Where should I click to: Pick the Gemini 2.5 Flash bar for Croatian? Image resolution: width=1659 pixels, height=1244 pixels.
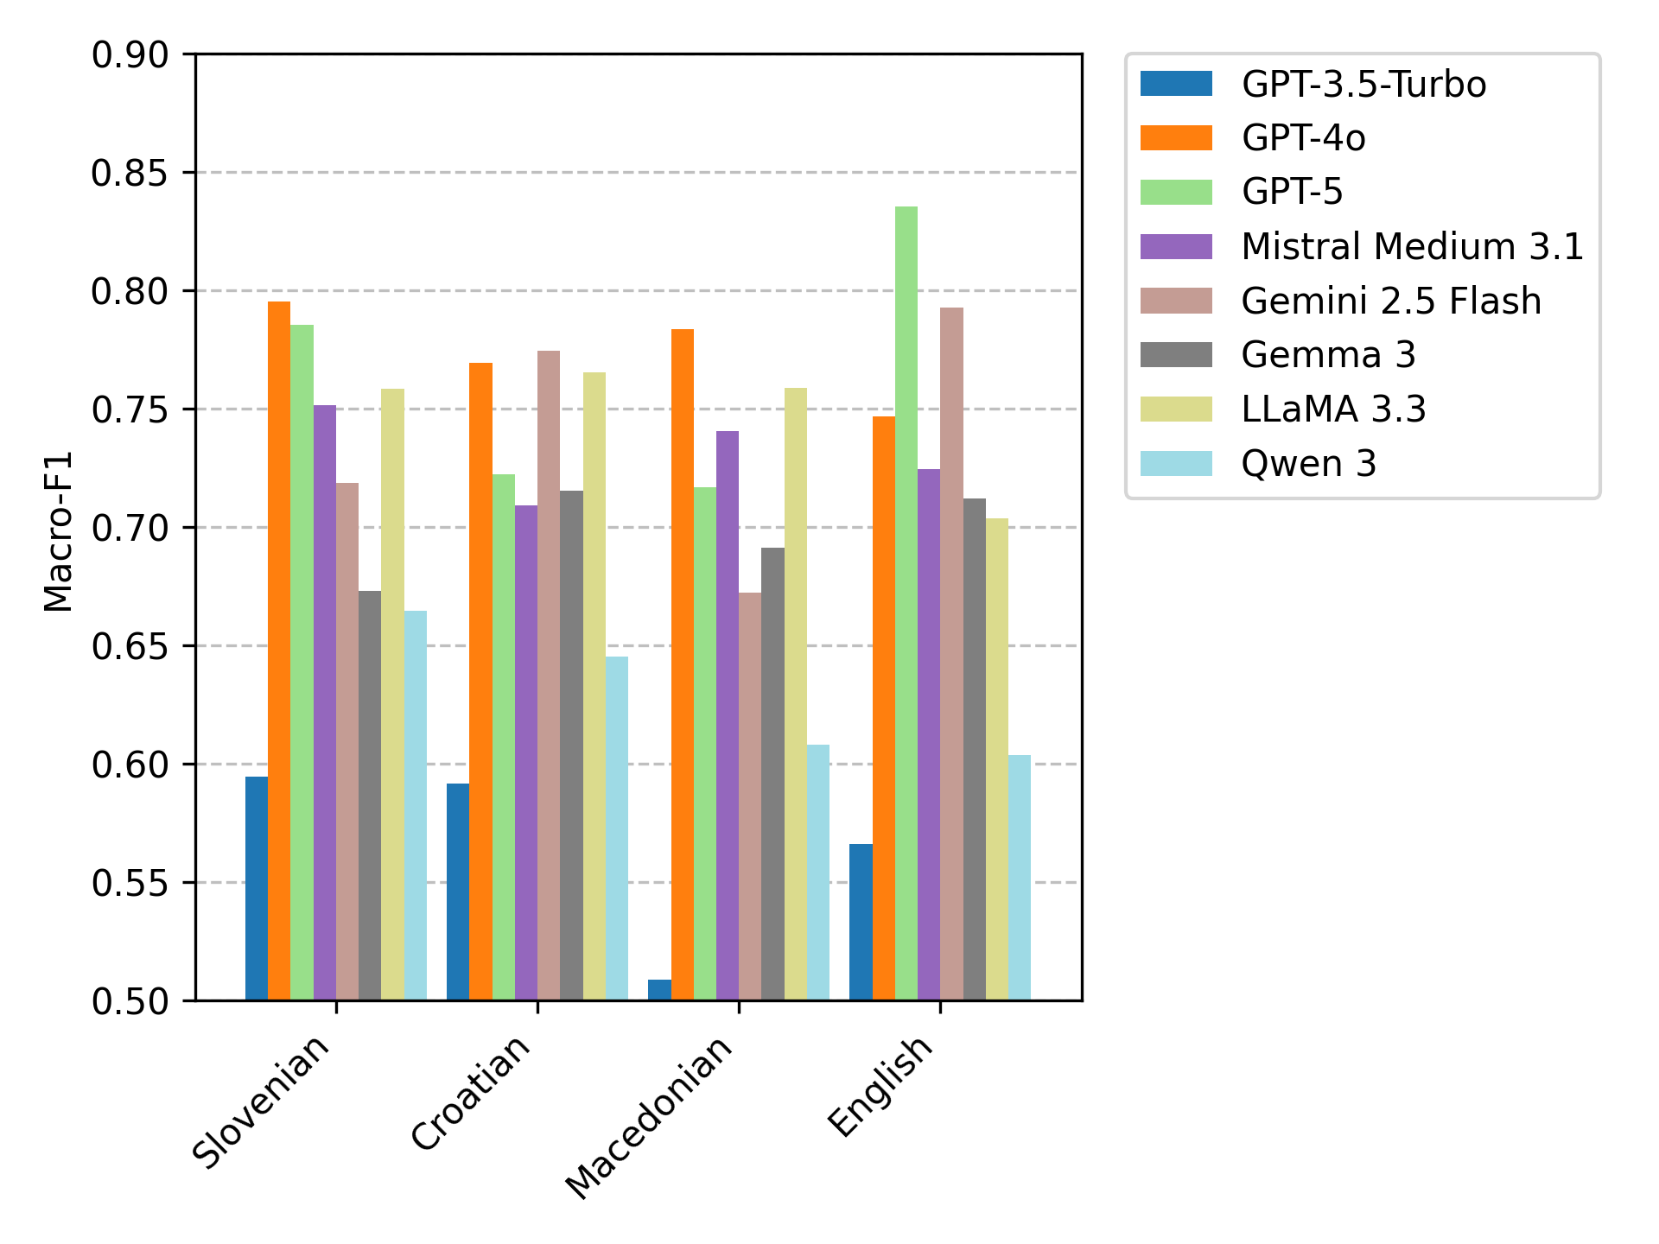(x=549, y=675)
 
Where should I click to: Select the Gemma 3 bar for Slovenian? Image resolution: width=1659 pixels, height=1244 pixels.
(x=370, y=795)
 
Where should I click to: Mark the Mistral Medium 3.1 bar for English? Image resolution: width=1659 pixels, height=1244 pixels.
(x=929, y=734)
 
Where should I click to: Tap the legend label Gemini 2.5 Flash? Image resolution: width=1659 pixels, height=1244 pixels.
(x=1391, y=301)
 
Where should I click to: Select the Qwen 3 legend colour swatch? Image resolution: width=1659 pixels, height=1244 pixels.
(x=1176, y=464)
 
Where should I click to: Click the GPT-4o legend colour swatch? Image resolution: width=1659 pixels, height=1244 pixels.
(x=1176, y=138)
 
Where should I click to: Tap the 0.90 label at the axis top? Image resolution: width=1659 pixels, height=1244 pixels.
(x=130, y=55)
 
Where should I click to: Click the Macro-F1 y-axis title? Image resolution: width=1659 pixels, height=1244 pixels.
(x=58, y=531)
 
